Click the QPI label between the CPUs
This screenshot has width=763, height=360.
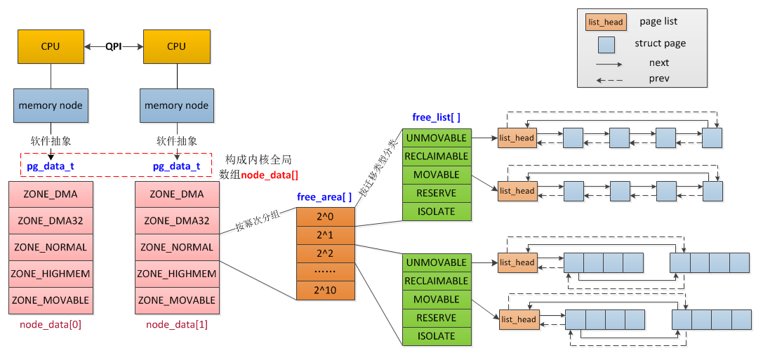point(114,46)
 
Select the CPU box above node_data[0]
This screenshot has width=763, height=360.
point(51,46)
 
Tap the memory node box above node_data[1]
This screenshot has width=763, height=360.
point(177,105)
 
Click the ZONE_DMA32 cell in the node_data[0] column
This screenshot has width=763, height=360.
point(51,221)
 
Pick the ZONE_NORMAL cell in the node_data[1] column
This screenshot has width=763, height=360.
point(177,247)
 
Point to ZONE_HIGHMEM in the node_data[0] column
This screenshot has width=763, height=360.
point(51,274)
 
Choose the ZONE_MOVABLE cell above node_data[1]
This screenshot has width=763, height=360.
point(177,300)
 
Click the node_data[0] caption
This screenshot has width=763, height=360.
point(51,325)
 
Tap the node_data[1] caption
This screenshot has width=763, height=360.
point(177,325)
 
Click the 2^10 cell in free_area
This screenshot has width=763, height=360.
point(326,289)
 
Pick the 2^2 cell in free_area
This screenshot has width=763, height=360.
point(326,253)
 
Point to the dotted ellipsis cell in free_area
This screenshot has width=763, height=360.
point(326,271)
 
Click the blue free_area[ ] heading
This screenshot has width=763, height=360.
point(324,197)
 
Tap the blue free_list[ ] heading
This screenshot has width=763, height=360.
point(437,117)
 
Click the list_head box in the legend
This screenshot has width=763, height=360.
point(605,22)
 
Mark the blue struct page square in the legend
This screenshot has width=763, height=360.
point(606,45)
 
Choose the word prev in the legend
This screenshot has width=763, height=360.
point(659,79)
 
